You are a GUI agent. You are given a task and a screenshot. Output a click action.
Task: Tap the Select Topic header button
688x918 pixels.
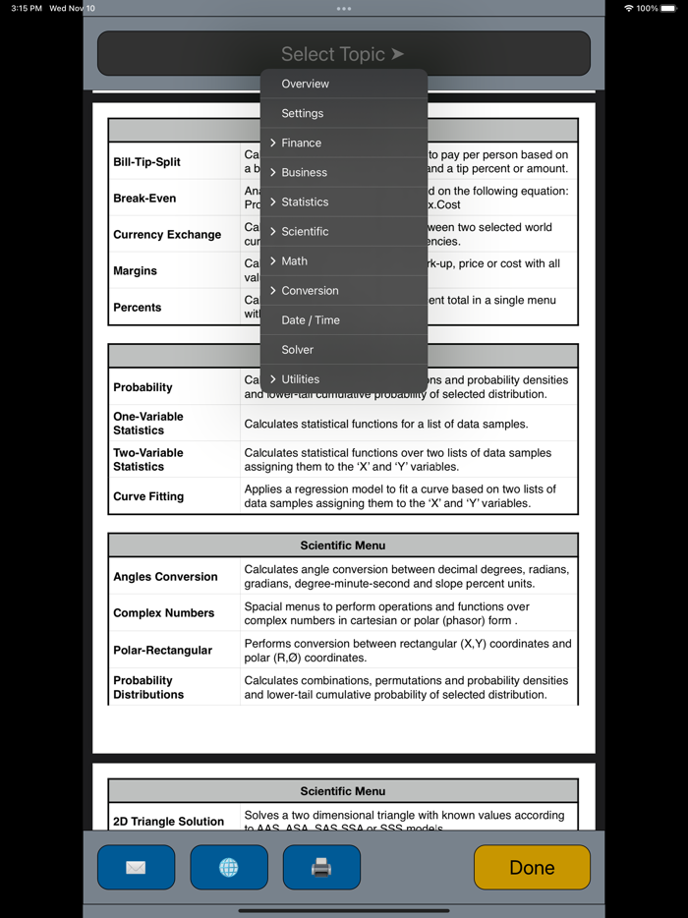click(343, 54)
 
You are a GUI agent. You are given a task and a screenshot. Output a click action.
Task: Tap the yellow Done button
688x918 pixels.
click(532, 868)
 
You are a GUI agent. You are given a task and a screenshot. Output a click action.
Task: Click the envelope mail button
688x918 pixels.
click(136, 868)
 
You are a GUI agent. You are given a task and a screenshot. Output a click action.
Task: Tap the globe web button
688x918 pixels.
click(229, 868)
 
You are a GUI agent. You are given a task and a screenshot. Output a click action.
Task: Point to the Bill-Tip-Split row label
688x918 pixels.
click(147, 162)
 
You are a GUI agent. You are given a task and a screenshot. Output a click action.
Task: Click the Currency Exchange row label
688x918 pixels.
click(167, 235)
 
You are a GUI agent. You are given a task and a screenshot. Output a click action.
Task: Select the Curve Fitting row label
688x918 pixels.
click(148, 496)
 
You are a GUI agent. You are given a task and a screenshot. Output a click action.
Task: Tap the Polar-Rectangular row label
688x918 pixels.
click(162, 650)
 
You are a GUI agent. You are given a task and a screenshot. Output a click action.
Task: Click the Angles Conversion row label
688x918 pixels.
click(165, 577)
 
